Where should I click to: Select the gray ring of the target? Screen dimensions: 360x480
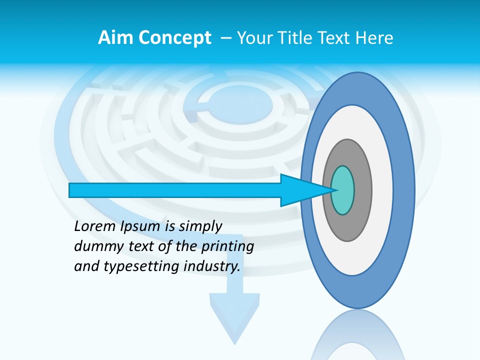[362, 190]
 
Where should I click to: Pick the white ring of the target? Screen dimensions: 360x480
[382, 190]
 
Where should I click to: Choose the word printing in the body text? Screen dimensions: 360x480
[227, 247]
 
